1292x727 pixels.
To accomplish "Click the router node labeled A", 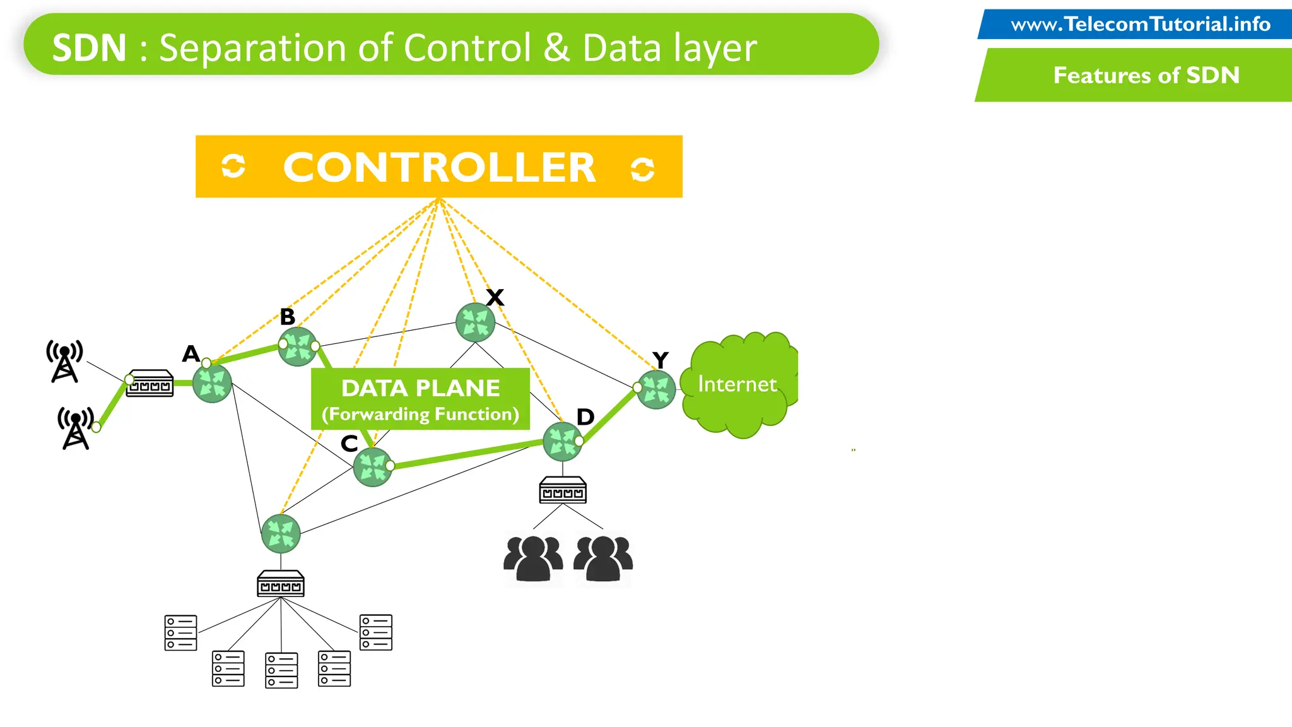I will (x=212, y=383).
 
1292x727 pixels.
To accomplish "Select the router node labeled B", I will (x=298, y=346).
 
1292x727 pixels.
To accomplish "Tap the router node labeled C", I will (x=372, y=467).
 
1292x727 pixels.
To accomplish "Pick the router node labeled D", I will (x=562, y=442).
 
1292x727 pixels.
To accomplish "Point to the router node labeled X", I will (x=475, y=322).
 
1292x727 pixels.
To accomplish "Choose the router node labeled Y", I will (x=656, y=389).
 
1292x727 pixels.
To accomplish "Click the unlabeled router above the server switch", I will (x=281, y=533).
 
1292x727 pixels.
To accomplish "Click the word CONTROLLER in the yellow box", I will (x=439, y=168).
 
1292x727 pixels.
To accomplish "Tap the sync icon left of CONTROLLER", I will (x=233, y=167).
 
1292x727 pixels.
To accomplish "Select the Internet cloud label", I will (x=737, y=384).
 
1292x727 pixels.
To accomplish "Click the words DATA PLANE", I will (x=421, y=387).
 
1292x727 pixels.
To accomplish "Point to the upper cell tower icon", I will (x=64, y=360).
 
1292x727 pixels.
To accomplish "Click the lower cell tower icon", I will (x=76, y=428).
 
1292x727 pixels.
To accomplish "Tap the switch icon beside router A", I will (x=150, y=383).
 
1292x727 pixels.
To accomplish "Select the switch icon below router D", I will (x=563, y=490).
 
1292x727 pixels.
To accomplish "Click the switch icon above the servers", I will (x=281, y=584).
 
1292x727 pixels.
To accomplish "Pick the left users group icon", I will (x=533, y=559).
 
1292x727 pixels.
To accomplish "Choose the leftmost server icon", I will (x=180, y=632).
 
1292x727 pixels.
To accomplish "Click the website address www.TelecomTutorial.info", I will (x=1141, y=25).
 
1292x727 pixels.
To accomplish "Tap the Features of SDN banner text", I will (x=1146, y=75).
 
